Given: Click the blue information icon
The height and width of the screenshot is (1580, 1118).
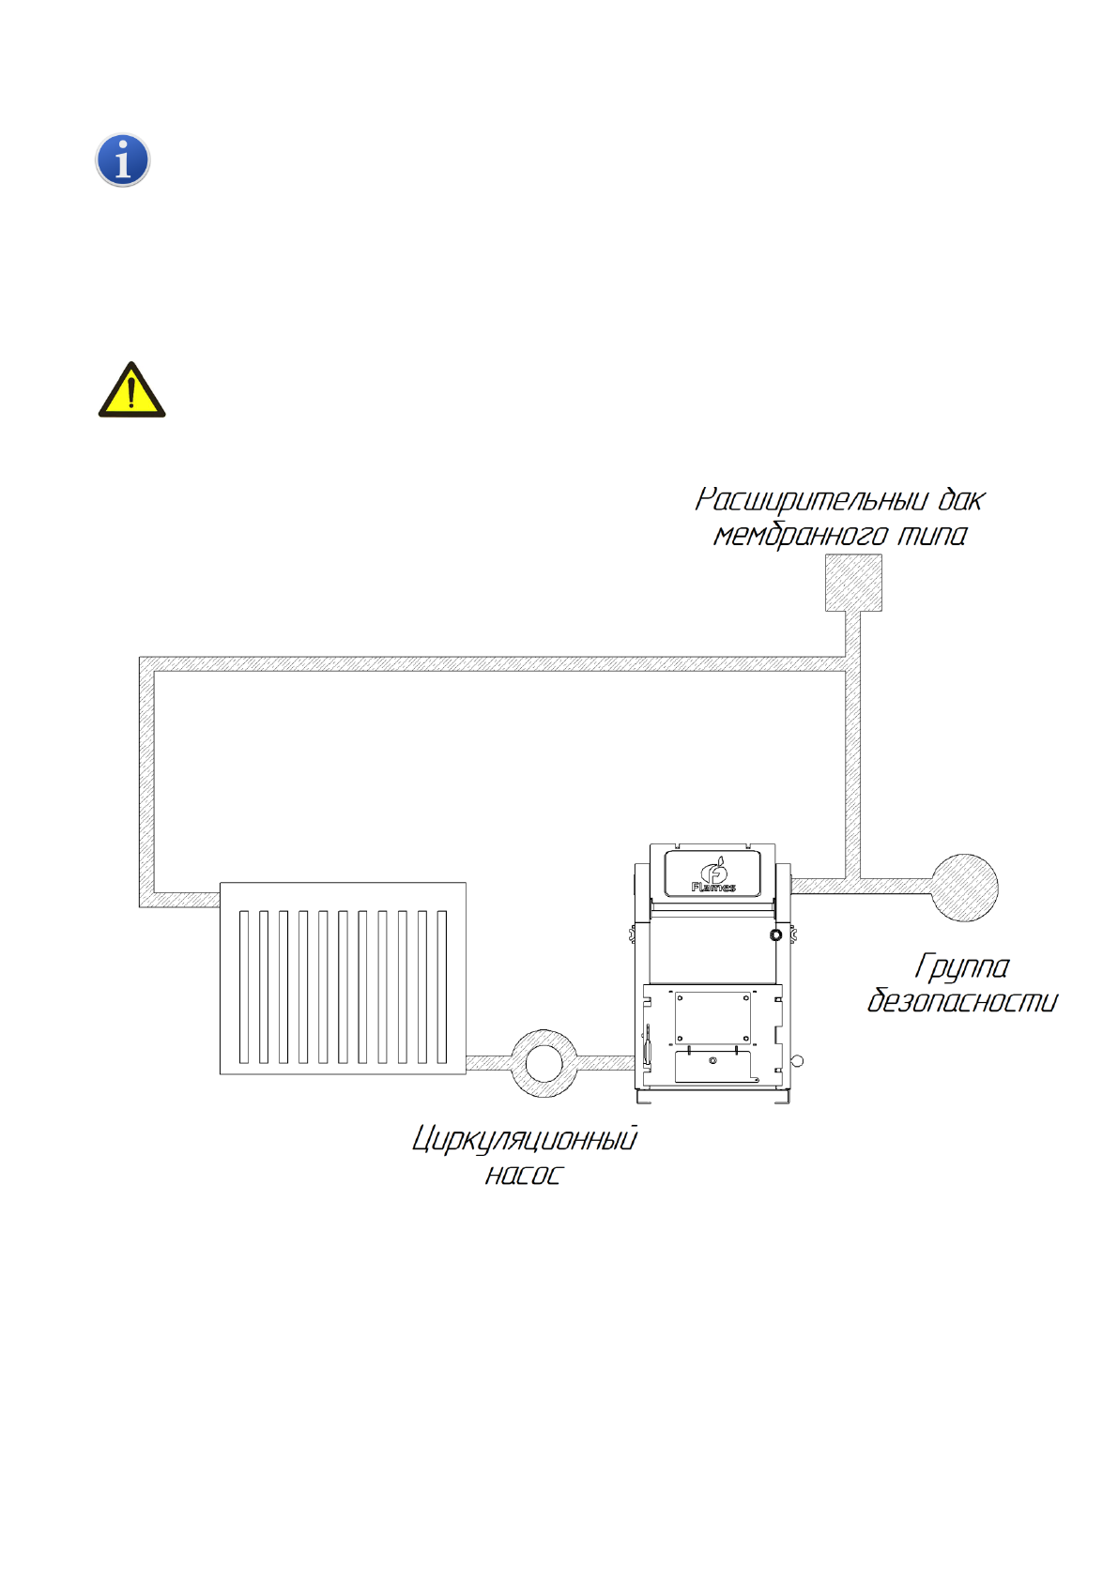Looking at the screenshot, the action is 123,160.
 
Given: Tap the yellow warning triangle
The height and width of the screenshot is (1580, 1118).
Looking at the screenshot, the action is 131,392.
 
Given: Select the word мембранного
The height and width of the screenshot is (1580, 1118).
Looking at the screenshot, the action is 800,536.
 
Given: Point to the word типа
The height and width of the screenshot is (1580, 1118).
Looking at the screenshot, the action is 931,536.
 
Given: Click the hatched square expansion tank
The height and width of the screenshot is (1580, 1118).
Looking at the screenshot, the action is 853,583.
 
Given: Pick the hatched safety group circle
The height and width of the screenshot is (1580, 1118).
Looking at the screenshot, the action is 964,888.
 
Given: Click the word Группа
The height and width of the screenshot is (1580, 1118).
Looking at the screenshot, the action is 962,966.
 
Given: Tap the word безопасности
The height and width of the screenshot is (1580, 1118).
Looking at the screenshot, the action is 961,1001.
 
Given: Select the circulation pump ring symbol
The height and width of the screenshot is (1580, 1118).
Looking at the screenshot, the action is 544,1063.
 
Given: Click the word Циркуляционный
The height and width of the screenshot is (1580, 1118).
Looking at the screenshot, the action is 525,1139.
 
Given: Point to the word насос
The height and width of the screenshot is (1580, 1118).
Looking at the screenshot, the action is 523,1175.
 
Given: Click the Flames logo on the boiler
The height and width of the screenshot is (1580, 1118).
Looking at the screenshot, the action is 713,874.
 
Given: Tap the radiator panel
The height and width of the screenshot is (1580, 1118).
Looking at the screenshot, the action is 343,978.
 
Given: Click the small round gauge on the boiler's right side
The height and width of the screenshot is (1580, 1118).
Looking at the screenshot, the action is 775,935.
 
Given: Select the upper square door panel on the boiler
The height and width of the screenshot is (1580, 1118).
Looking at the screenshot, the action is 712,1017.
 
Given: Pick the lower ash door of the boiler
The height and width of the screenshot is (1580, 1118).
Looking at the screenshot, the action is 712,1065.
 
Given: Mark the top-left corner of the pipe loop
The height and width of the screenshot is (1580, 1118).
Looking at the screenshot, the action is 146,664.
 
